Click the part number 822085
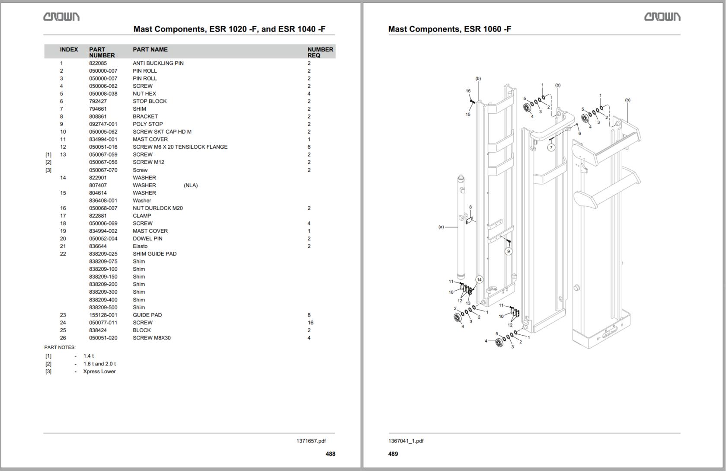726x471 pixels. pyautogui.click(x=98, y=63)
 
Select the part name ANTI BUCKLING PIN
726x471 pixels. pyautogui.click(x=158, y=63)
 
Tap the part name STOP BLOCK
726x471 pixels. pyautogui.click(x=150, y=101)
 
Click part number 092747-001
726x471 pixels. pyautogui.click(x=103, y=124)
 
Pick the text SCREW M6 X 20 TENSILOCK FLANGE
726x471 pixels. pyautogui.click(x=180, y=147)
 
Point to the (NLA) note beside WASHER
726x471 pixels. pyautogui.click(x=191, y=186)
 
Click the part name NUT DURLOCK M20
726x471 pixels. pyautogui.click(x=157, y=208)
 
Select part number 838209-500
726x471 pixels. pyautogui.click(x=103, y=308)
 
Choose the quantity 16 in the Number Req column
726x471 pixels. pyautogui.click(x=310, y=323)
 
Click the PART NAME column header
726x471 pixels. pyautogui.click(x=150, y=50)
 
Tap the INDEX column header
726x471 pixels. pyautogui.click(x=69, y=50)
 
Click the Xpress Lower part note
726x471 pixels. pyautogui.click(x=99, y=372)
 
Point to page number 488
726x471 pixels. pyautogui.click(x=330, y=454)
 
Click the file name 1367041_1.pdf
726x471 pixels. pyautogui.click(x=406, y=441)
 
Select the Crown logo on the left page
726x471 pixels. pyautogui.click(x=61, y=17)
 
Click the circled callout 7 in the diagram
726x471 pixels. pyautogui.click(x=551, y=147)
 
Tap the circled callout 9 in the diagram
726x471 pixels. pyautogui.click(x=509, y=251)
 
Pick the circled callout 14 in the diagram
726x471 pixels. pyautogui.click(x=479, y=280)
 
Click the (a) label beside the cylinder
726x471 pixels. pyautogui.click(x=441, y=227)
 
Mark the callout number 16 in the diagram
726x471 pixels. pyautogui.click(x=468, y=91)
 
